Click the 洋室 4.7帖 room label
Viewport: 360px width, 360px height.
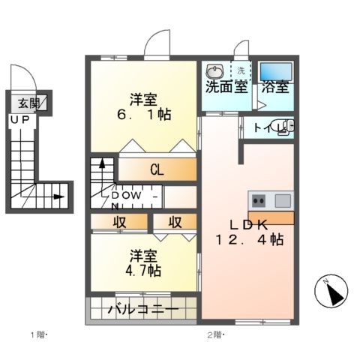[x=143, y=262]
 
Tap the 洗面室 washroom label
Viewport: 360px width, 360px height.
[x=226, y=86]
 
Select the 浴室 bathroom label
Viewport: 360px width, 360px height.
[x=274, y=86]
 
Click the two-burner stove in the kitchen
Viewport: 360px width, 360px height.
[x=259, y=200]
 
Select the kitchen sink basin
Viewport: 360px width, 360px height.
[x=282, y=200]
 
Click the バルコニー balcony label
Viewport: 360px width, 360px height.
[x=142, y=309]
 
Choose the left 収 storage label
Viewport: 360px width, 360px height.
[x=120, y=223]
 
